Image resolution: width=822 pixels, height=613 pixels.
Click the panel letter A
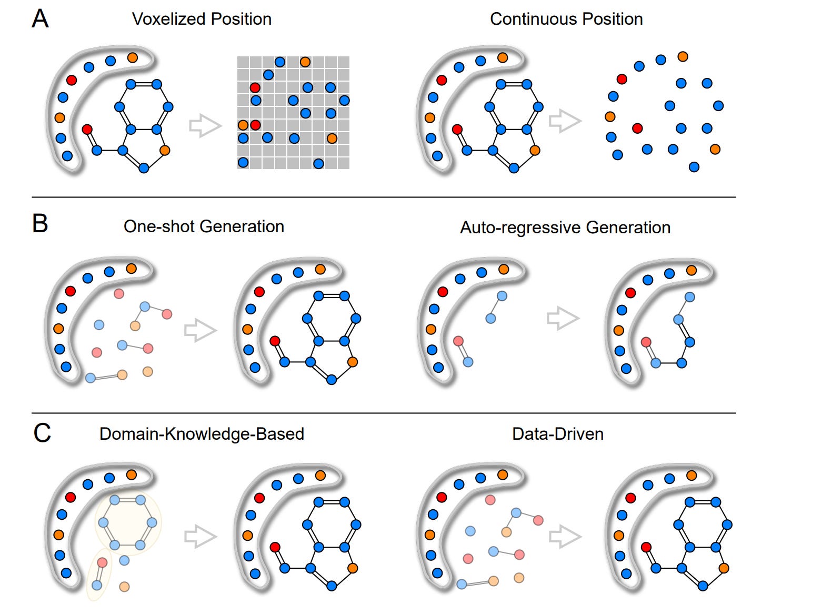[41, 19]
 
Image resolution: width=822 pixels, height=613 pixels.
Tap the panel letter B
[40, 223]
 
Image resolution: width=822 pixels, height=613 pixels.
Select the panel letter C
[42, 433]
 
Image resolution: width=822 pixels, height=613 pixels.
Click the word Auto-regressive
[520, 228]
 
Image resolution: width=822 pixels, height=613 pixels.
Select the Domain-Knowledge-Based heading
[202, 434]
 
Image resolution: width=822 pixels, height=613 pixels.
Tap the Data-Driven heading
[557, 434]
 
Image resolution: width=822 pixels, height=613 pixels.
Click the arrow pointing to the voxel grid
[205, 126]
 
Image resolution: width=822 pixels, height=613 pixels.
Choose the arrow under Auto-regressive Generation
[563, 318]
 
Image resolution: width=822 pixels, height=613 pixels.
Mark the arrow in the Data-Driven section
[565, 536]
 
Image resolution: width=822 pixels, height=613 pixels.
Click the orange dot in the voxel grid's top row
[305, 62]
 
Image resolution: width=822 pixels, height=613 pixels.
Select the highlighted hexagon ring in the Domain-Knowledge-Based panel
[128, 522]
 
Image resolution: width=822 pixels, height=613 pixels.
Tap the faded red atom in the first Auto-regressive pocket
[458, 341]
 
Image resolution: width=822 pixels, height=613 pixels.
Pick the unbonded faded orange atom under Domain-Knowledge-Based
[124, 586]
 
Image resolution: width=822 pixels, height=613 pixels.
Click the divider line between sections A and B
[384, 197]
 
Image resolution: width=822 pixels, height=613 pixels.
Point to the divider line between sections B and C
[384, 413]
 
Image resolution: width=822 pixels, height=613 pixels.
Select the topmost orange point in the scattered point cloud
[683, 56]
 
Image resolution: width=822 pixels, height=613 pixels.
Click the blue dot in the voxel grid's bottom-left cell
[243, 162]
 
